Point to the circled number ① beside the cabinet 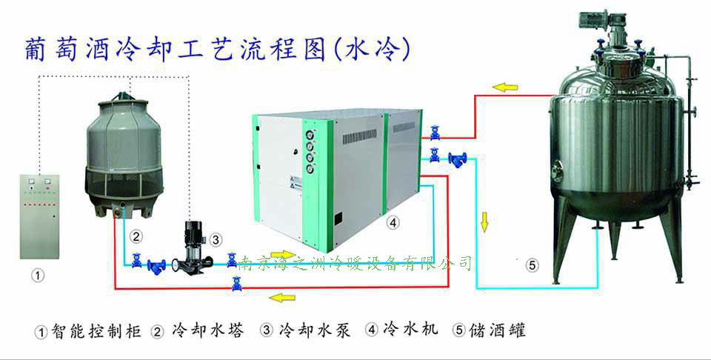coord(37,275)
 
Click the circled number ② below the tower coord(136,238)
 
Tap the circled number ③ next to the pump coord(216,239)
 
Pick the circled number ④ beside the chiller coord(393,221)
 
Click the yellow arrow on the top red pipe coord(506,87)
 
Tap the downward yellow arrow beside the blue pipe coord(485,221)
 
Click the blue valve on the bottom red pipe coord(236,282)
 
